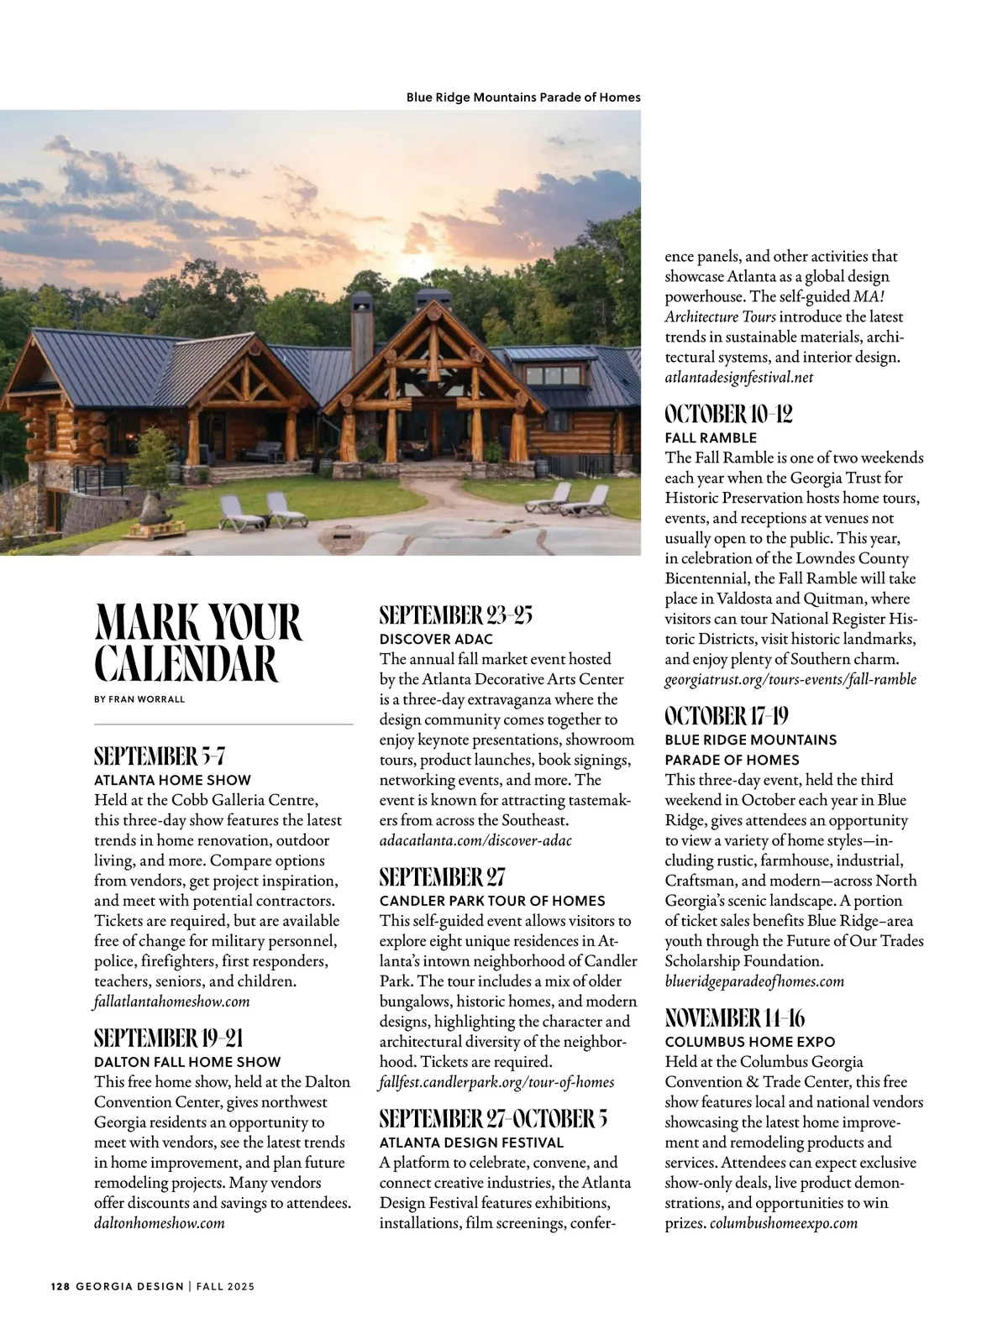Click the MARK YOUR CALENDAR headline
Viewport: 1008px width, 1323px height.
point(197,643)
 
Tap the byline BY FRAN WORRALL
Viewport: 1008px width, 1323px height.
point(139,698)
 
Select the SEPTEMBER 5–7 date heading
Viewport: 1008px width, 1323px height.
point(160,756)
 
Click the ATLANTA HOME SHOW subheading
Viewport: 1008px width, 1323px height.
point(172,780)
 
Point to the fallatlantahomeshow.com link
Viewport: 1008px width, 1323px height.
point(171,1001)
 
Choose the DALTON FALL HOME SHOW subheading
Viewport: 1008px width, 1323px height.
point(187,1062)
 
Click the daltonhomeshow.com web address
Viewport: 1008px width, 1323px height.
point(160,1223)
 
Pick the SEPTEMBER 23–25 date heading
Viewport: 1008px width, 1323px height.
point(455,615)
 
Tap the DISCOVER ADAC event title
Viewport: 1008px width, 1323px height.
point(436,639)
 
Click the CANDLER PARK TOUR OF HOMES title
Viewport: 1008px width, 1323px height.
point(492,901)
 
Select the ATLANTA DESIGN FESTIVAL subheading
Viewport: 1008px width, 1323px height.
point(471,1143)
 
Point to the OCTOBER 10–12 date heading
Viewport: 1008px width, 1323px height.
point(728,414)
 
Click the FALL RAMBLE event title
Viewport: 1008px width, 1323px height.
point(711,437)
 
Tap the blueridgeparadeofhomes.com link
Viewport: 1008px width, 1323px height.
point(754,981)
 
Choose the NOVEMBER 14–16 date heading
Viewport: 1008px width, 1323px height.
point(734,1018)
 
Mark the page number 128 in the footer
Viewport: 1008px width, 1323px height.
point(59,1286)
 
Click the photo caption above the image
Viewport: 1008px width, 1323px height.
point(523,97)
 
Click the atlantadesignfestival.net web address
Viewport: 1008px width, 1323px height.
point(739,378)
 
